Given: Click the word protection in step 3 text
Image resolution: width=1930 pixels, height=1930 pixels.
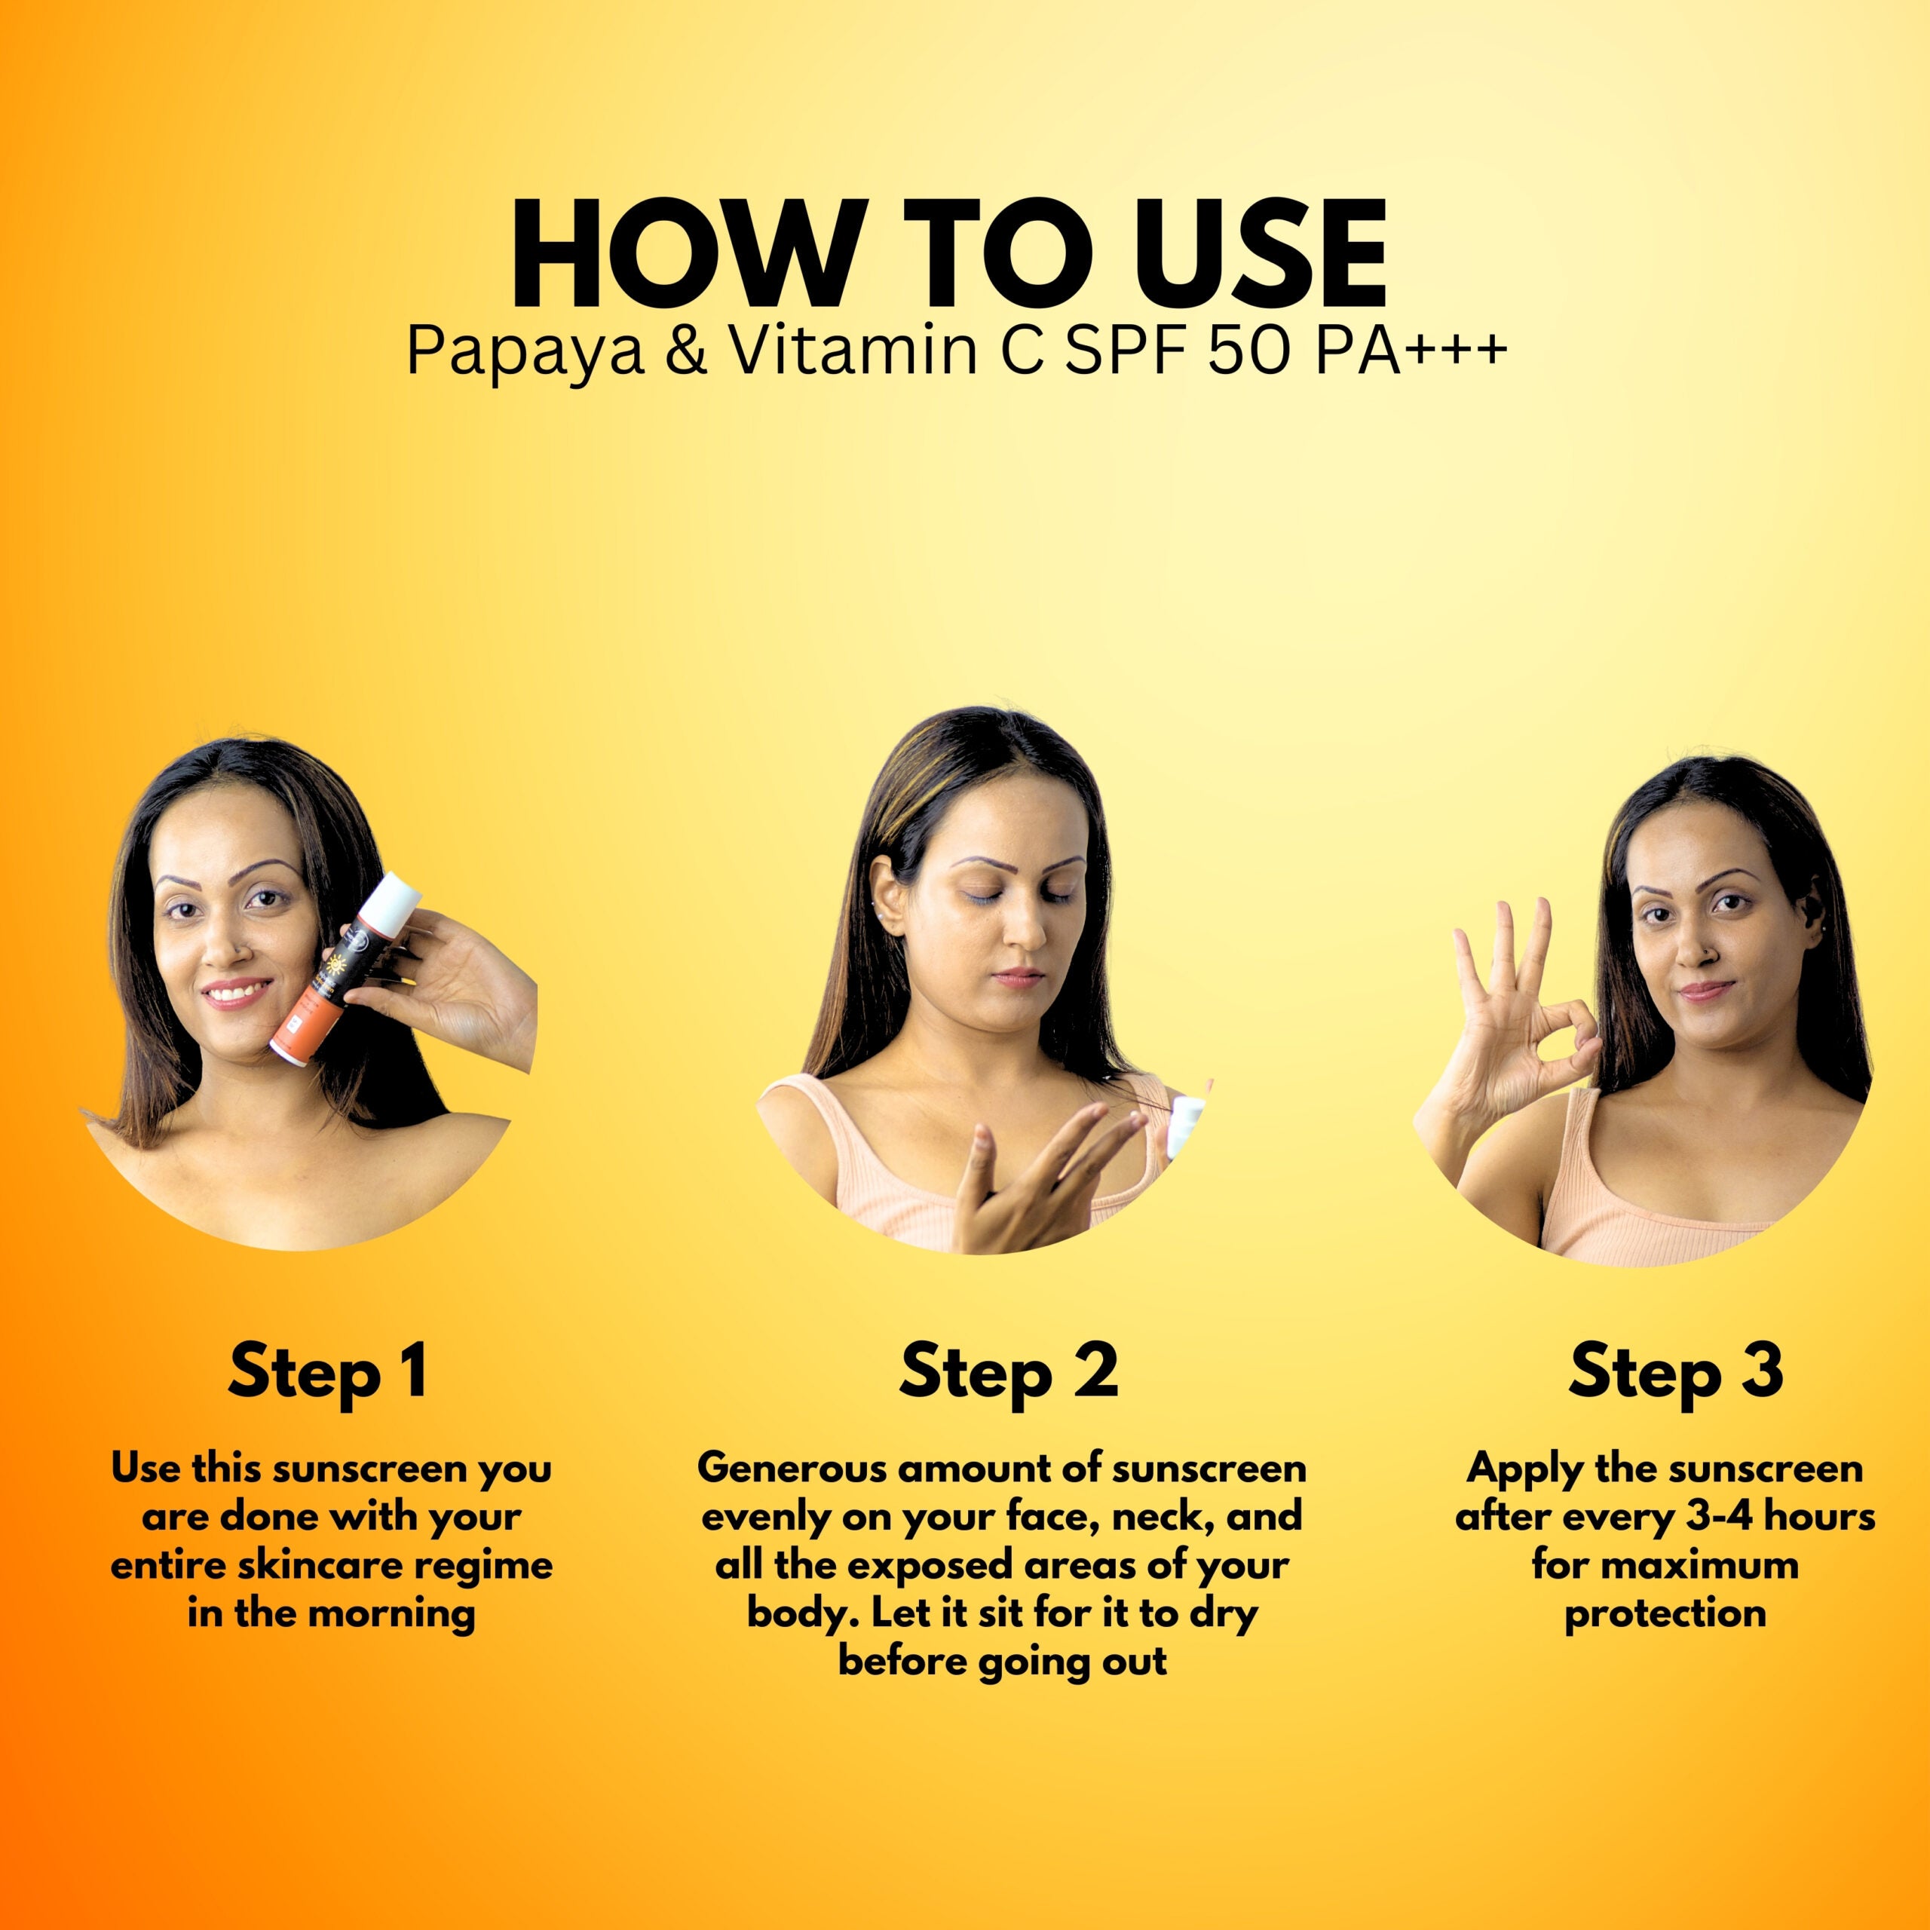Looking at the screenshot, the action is click(1665, 1614).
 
